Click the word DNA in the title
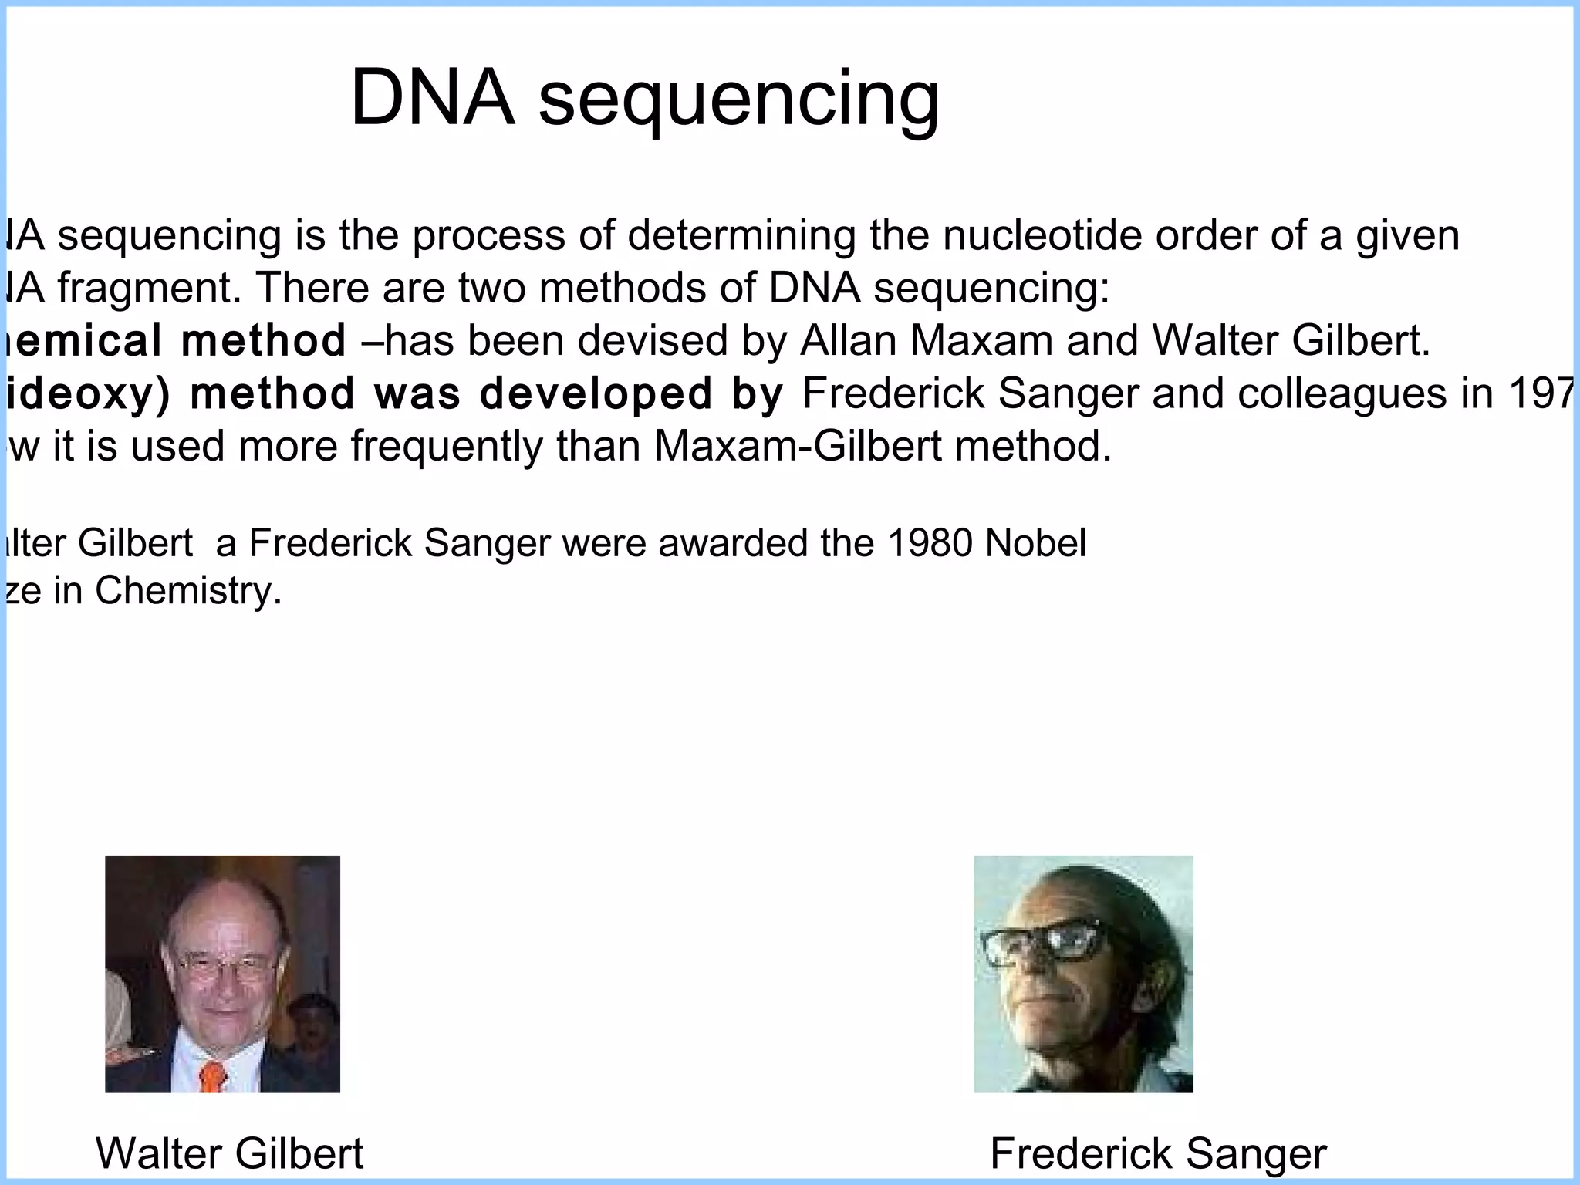432,98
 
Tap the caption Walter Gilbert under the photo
229,1153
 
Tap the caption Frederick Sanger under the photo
1157,1153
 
